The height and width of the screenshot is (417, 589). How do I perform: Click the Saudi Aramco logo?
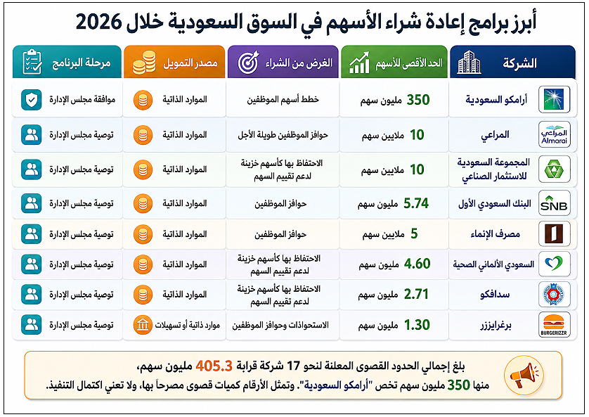coord(554,100)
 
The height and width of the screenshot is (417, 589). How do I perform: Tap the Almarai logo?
coord(554,134)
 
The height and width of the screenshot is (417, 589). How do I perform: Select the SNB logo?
coord(554,203)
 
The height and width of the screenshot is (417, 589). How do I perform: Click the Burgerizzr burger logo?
coord(554,325)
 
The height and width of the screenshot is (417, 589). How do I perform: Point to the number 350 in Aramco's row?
coord(418,100)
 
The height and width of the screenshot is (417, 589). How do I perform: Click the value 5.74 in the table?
coord(416,203)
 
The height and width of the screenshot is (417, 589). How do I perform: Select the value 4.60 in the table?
coord(417,264)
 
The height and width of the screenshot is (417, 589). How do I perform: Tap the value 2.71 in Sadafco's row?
coord(416,295)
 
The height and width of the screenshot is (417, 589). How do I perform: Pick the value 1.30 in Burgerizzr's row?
coord(417,325)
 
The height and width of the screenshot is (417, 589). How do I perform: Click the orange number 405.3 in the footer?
coord(214,366)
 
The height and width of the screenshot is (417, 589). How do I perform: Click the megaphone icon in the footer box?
coord(524,375)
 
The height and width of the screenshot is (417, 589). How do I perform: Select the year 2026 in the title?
coord(99,23)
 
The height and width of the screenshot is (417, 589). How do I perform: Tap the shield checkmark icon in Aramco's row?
coord(32,100)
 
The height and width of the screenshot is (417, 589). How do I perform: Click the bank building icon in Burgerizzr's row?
coord(143,325)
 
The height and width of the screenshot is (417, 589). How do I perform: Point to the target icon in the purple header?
coord(249,63)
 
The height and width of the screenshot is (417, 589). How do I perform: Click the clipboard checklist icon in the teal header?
coord(32,62)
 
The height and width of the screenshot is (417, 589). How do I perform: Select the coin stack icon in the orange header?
coord(144,63)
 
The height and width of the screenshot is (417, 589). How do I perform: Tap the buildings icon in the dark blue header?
coord(469,63)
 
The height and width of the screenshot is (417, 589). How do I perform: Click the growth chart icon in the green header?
coord(359,63)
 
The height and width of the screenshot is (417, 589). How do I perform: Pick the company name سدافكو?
coord(495,295)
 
